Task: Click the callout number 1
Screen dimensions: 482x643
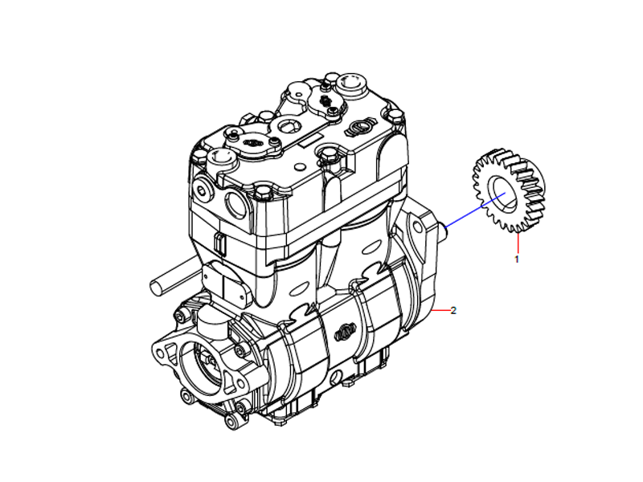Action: pos(517,259)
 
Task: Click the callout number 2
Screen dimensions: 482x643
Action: pos(453,311)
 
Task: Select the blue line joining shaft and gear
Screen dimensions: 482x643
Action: pos(466,215)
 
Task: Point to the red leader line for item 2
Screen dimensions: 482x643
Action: pos(441,310)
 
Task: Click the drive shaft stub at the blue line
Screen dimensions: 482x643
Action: pos(443,229)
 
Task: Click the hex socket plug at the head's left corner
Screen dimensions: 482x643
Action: pos(199,190)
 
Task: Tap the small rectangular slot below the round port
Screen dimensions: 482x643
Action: pos(218,242)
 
